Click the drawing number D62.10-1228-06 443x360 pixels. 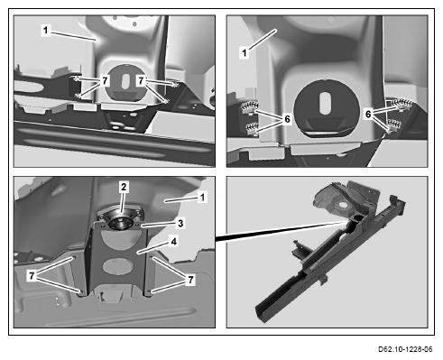pyautogui.click(x=405, y=349)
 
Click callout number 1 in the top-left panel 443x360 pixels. pyautogui.click(x=46, y=31)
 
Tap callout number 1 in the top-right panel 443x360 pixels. pyautogui.click(x=245, y=53)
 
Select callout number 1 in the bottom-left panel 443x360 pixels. pyautogui.click(x=202, y=198)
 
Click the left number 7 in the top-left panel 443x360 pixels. pyautogui.click(x=105, y=80)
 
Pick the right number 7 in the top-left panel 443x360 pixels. pyautogui.click(x=141, y=80)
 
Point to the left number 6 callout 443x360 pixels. pyautogui.click(x=287, y=119)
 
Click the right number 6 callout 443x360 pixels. pyautogui.click(x=368, y=114)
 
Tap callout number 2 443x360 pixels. pyautogui.click(x=124, y=187)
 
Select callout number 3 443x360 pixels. pyautogui.click(x=180, y=223)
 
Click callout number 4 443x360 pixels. pyautogui.click(x=174, y=241)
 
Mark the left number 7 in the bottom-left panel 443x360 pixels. pyautogui.click(x=32, y=275)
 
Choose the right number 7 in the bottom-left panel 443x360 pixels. pyautogui.click(x=190, y=280)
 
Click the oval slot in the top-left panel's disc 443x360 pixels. pyautogui.click(x=125, y=81)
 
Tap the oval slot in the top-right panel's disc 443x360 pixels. pyautogui.click(x=325, y=104)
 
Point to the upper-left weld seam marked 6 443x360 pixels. pyautogui.click(x=250, y=106)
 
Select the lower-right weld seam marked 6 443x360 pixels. pyautogui.click(x=394, y=123)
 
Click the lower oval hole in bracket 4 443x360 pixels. pyautogui.click(x=118, y=266)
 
